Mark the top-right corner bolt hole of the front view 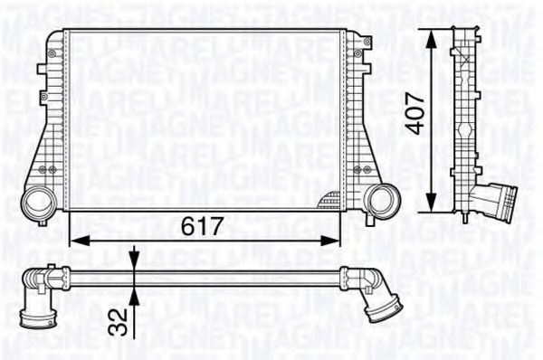click(x=366, y=41)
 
